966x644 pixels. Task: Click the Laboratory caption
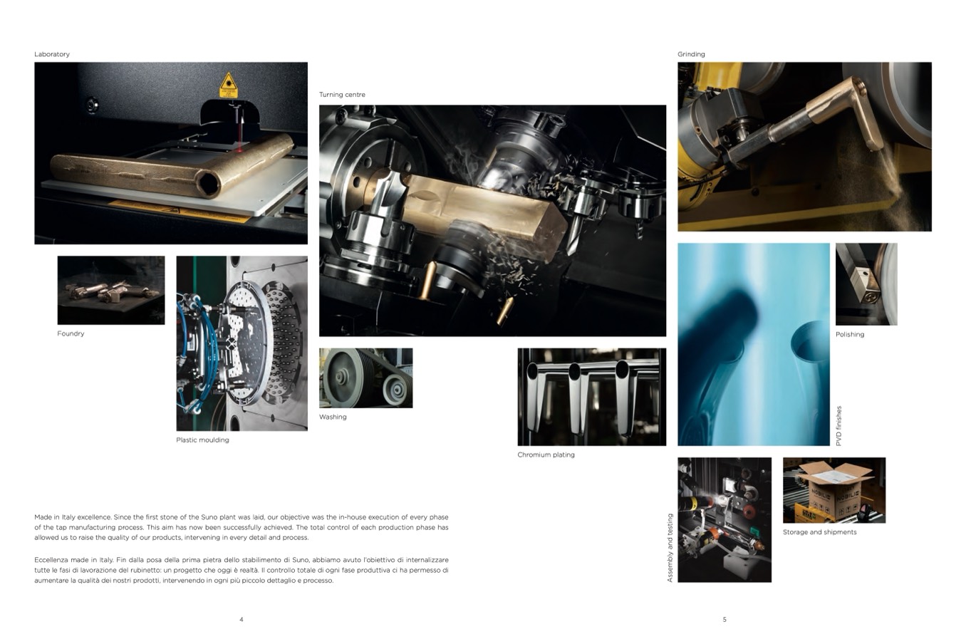pyautogui.click(x=52, y=54)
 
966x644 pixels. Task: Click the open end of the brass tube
pyautogui.click(x=209, y=184)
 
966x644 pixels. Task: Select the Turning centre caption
pyautogui.click(x=342, y=95)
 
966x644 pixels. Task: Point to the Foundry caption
pyautogui.click(x=71, y=333)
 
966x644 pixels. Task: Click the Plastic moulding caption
pyautogui.click(x=202, y=440)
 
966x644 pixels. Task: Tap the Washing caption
pyautogui.click(x=333, y=417)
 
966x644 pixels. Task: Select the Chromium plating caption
pyautogui.click(x=546, y=455)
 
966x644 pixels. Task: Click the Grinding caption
pyautogui.click(x=691, y=54)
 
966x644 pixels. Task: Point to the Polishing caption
pyautogui.click(x=850, y=334)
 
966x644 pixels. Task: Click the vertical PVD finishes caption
pyautogui.click(x=838, y=426)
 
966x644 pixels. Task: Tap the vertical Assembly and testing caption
pyautogui.click(x=670, y=548)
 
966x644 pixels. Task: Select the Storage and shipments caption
pyautogui.click(x=819, y=532)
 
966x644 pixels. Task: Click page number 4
pyautogui.click(x=241, y=619)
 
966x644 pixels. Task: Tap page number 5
pyautogui.click(x=724, y=619)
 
